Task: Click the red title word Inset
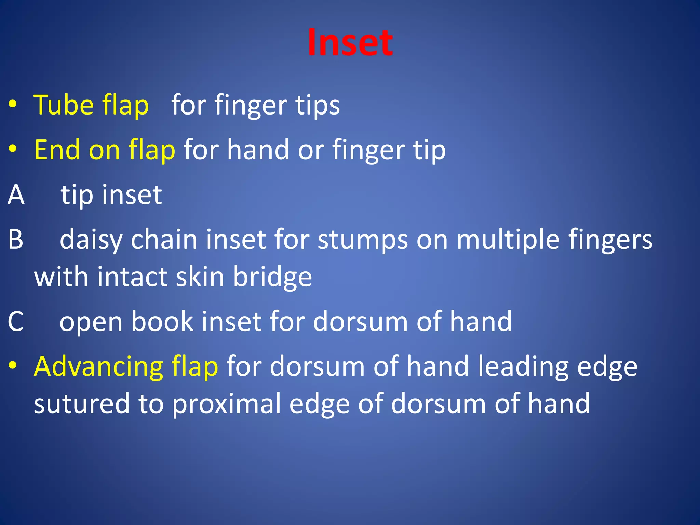(x=350, y=43)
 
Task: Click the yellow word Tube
(x=64, y=105)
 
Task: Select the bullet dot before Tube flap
(x=13, y=104)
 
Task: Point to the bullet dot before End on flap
(x=13, y=149)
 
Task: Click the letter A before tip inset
(x=16, y=194)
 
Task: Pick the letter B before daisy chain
(x=16, y=239)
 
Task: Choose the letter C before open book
(x=16, y=322)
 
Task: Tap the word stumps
(x=363, y=240)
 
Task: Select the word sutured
(x=82, y=404)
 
